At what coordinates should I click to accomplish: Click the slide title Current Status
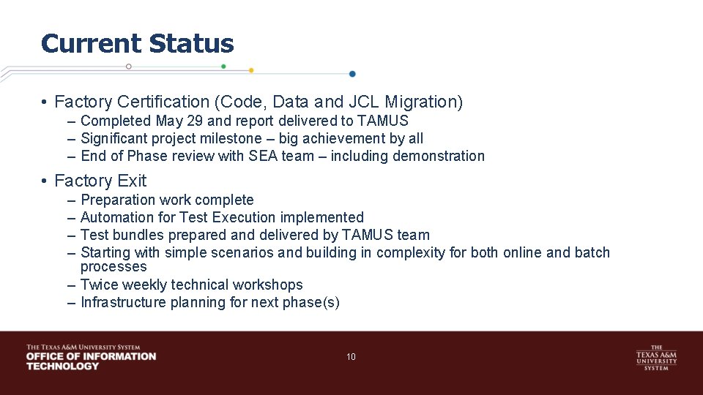click(x=138, y=44)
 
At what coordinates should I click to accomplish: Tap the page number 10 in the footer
click(x=351, y=357)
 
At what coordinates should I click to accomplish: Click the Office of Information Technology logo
click(x=91, y=357)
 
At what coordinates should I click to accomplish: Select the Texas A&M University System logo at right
click(x=655, y=358)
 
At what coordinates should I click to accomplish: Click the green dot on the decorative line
click(x=223, y=66)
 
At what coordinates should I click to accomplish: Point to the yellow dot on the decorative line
click(x=251, y=70)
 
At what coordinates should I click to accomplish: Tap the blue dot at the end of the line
click(x=352, y=74)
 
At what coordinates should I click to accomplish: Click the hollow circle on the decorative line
click(x=129, y=66)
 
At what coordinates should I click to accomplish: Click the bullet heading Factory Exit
click(x=100, y=181)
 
